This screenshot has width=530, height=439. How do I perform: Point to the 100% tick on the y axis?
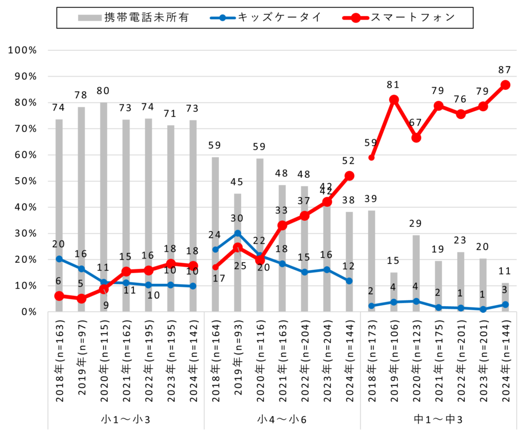click(x=22, y=50)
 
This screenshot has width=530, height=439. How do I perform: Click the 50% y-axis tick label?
click(x=24, y=181)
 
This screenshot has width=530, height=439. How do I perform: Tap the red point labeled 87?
click(x=505, y=85)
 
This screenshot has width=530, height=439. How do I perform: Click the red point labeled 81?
click(x=394, y=100)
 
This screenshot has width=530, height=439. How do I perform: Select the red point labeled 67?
click(x=416, y=138)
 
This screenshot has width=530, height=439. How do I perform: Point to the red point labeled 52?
click(x=349, y=176)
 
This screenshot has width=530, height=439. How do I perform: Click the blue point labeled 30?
click(x=238, y=233)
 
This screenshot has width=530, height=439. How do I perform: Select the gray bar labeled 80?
click(x=104, y=207)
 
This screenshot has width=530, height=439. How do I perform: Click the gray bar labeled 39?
click(x=372, y=259)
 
